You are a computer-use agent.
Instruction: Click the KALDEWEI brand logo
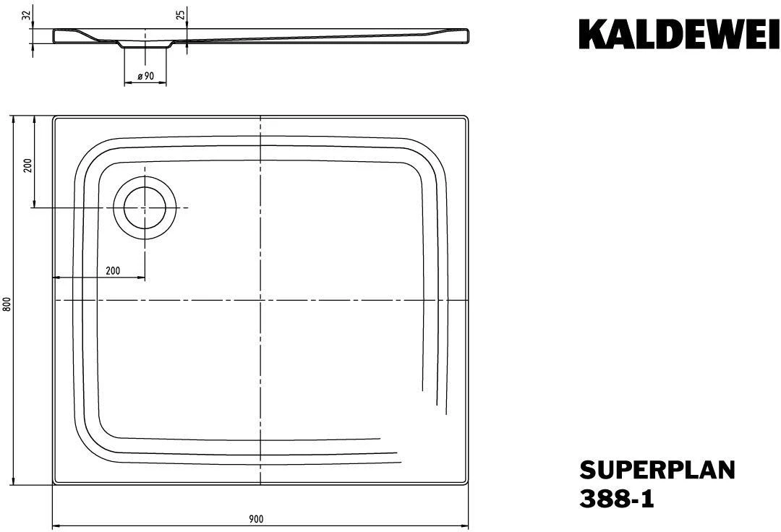[679, 35]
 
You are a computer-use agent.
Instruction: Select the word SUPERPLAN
[657, 470]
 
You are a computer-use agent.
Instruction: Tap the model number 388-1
[617, 499]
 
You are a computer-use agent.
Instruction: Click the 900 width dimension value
[256, 519]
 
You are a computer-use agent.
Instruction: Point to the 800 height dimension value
[7, 304]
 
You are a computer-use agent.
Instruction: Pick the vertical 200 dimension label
[28, 165]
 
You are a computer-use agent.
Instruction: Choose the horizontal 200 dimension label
[113, 271]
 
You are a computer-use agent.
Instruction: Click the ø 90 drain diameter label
[146, 76]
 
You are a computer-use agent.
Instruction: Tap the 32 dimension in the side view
[27, 14]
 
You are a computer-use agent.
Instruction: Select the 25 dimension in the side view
[182, 14]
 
